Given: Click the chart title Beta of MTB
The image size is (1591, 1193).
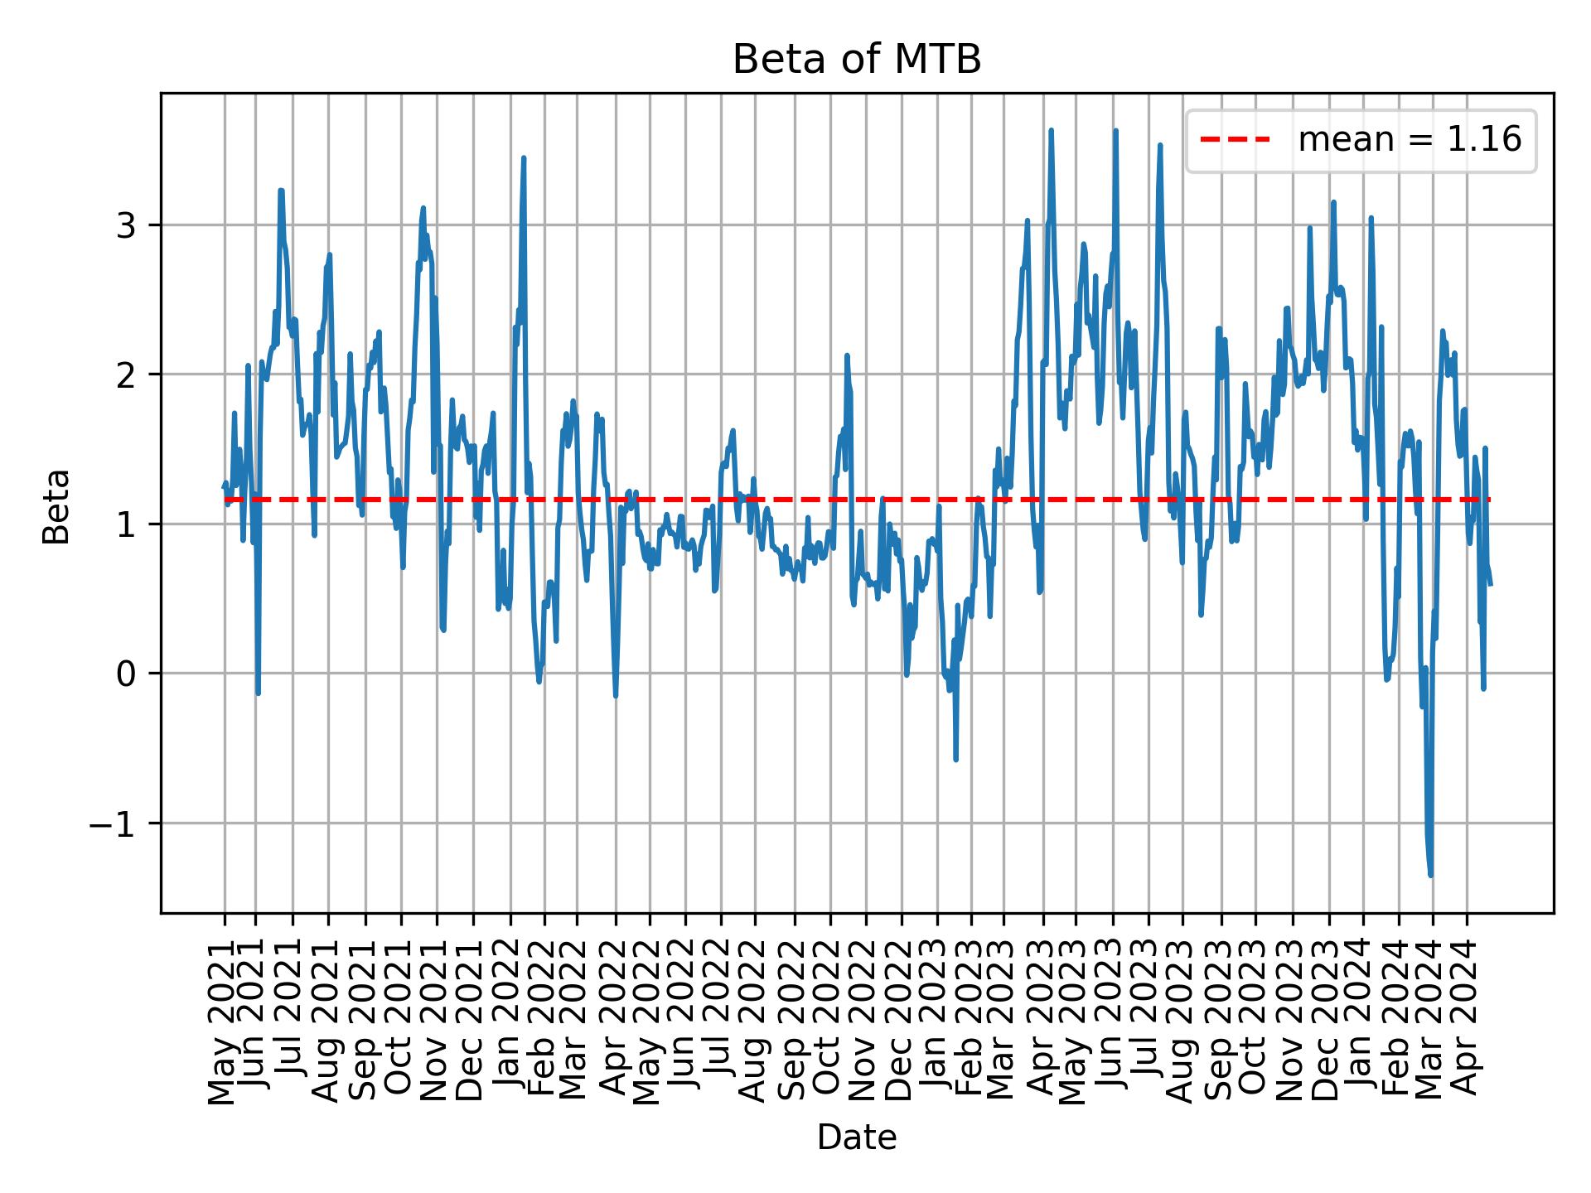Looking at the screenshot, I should click(x=856, y=60).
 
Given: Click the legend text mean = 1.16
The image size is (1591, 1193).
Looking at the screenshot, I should click(x=1409, y=140).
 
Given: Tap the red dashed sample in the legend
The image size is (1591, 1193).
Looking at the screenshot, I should click(x=1235, y=140).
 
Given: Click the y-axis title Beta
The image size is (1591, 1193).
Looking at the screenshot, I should click(x=56, y=506).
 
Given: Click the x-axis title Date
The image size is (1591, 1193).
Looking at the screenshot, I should click(x=856, y=1137).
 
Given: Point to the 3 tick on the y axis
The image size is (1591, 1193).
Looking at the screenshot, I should click(x=125, y=225).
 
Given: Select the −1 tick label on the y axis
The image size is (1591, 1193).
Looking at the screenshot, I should click(x=114, y=824).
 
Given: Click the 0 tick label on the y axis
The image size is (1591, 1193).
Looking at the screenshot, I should click(x=125, y=674).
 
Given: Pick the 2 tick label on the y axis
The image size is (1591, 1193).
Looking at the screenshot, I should click(x=125, y=374).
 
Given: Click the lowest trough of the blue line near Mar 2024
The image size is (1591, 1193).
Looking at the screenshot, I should click(x=1431, y=875).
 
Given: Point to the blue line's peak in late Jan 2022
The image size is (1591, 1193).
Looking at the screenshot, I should click(x=524, y=158).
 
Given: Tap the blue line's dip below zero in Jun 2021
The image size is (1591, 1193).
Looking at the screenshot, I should click(x=259, y=693).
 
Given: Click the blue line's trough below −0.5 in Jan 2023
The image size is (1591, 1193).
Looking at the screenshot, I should click(x=956, y=759).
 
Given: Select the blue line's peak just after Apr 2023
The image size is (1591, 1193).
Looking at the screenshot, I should click(x=1051, y=131).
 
